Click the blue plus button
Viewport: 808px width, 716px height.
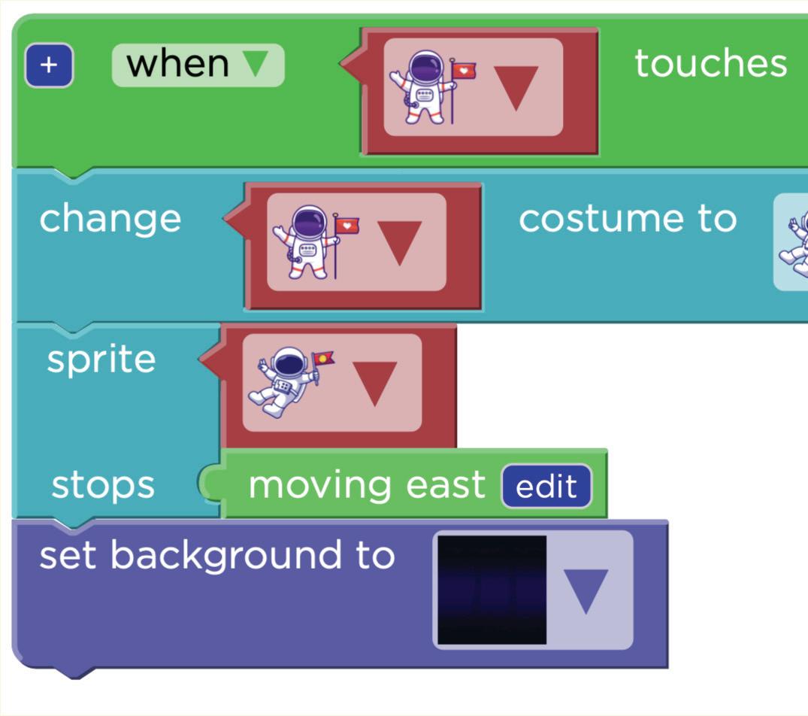[49, 65]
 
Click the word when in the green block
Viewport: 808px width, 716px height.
[177, 64]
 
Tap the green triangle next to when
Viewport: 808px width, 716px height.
[256, 64]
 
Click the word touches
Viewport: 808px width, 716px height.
[710, 64]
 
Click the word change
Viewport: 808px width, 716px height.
[110, 219]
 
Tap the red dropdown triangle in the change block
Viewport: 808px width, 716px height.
[399, 242]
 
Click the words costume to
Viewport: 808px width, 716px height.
[627, 219]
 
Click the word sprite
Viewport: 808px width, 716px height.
[101, 360]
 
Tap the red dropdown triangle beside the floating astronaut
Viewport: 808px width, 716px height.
[375, 383]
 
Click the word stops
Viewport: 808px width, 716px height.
[103, 485]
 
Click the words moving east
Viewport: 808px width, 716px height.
[367, 485]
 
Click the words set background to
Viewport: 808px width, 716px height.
[216, 556]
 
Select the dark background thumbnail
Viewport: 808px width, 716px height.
[492, 590]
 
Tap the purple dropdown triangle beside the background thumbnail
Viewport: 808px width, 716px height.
[586, 590]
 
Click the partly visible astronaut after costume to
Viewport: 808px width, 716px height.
[794, 242]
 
